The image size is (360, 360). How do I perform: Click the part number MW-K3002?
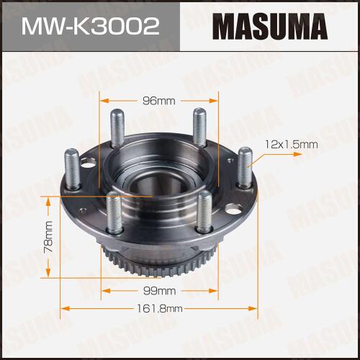click(91, 27)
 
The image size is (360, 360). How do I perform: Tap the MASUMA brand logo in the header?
click(270, 27)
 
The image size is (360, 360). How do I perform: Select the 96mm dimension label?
click(159, 101)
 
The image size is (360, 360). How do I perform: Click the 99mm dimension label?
click(160, 291)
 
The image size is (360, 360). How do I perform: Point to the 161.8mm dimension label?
click(160, 308)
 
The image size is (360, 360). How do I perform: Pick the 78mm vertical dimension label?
click(48, 237)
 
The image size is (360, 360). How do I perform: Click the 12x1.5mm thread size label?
click(292, 145)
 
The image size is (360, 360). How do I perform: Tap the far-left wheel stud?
click(72, 169)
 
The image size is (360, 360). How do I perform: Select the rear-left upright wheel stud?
click(117, 128)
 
